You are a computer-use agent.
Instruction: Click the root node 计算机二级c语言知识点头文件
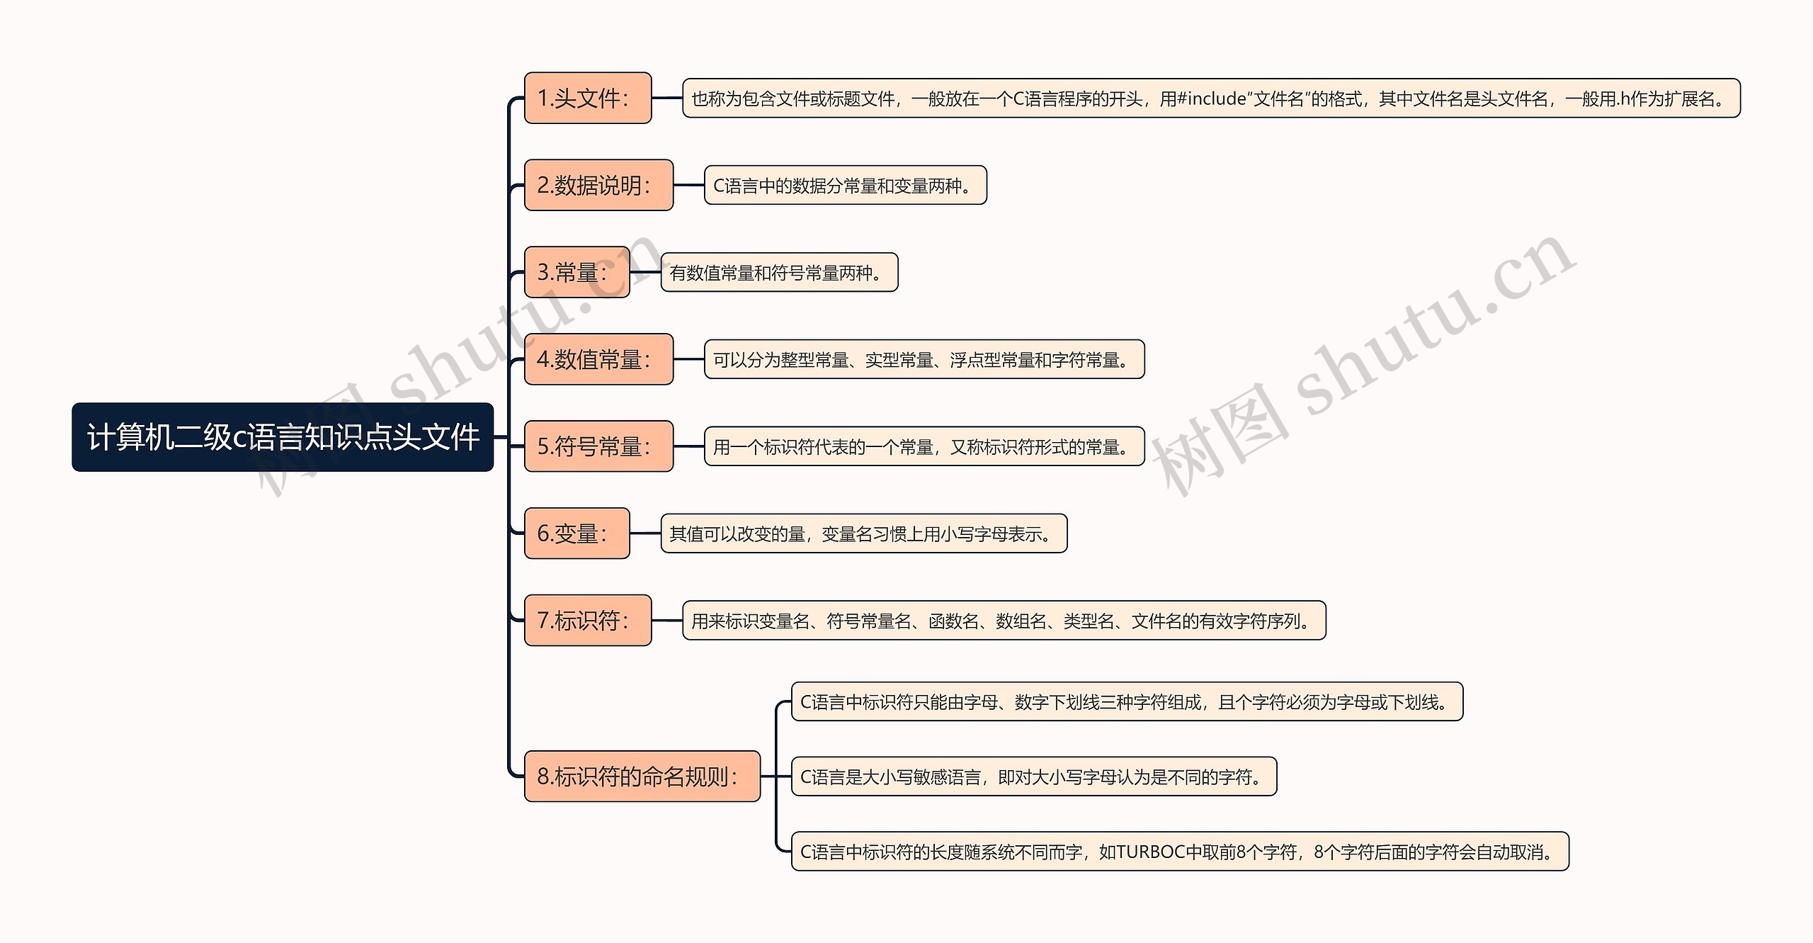[283, 437]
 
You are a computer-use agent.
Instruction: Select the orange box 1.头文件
[587, 98]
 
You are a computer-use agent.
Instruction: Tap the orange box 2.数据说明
[598, 185]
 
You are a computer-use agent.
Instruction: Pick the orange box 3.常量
[576, 272]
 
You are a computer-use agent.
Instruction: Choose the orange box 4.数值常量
[598, 359]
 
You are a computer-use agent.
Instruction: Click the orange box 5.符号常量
[598, 446]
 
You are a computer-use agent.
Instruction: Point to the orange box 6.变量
[576, 533]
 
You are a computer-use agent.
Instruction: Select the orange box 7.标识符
[587, 621]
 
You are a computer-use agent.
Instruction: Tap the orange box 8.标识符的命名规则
[642, 777]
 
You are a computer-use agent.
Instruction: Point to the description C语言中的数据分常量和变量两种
[845, 186]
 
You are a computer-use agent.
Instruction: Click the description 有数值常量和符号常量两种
[779, 273]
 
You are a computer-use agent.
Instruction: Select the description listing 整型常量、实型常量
[924, 360]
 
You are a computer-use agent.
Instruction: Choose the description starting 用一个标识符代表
[924, 447]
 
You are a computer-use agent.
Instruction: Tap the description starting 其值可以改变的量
[863, 534]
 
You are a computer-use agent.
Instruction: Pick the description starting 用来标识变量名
[1004, 621]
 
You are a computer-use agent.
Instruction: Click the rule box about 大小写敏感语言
[1033, 777]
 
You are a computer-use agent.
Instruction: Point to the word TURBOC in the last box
[1151, 852]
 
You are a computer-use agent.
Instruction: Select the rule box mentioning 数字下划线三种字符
[1126, 702]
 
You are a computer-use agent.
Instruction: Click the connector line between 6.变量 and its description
[645, 533]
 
